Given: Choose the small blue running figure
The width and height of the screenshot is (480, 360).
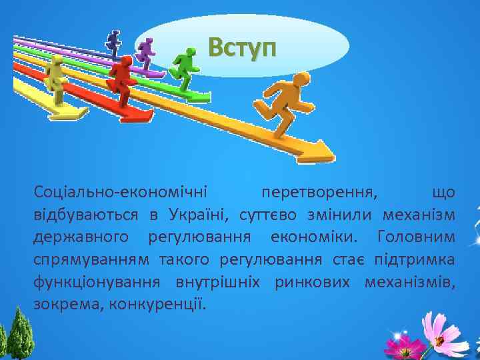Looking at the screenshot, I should tap(114, 42).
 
